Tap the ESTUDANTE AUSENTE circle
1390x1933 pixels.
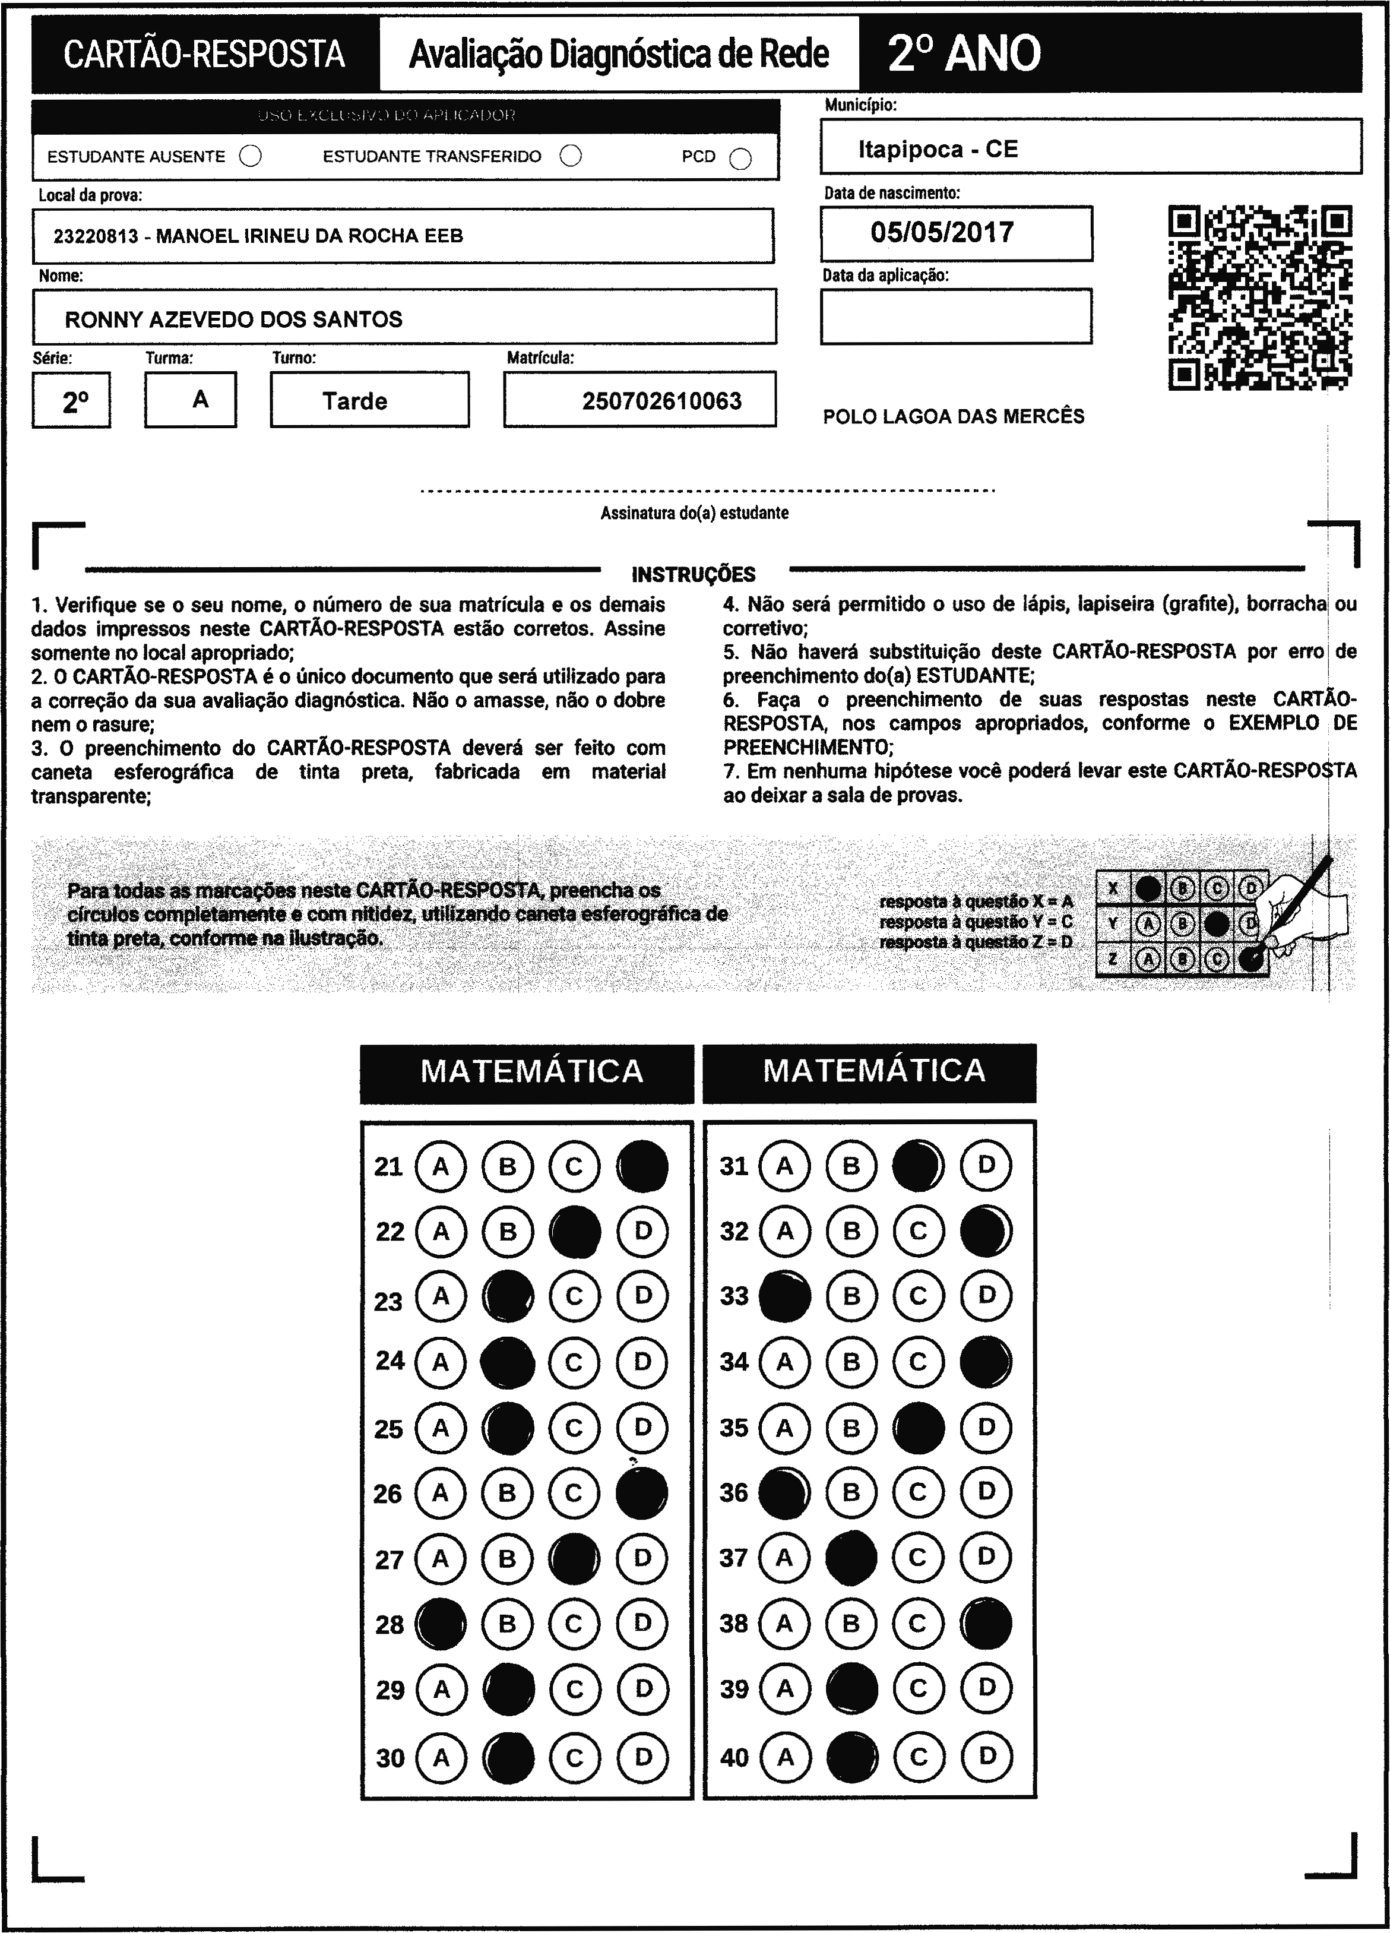[251, 156]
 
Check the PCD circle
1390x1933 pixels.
[740, 159]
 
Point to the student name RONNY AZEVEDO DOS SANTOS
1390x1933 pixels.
[233, 319]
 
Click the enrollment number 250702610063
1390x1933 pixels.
[661, 401]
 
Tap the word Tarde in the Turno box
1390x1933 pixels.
[354, 401]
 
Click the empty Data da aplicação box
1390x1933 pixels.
[955, 316]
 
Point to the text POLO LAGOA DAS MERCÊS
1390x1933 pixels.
[953, 417]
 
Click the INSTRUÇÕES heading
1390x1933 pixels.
[693, 574]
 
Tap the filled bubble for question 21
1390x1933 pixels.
[642, 1165]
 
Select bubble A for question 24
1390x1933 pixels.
[441, 1362]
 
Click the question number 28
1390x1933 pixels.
[390, 1624]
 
